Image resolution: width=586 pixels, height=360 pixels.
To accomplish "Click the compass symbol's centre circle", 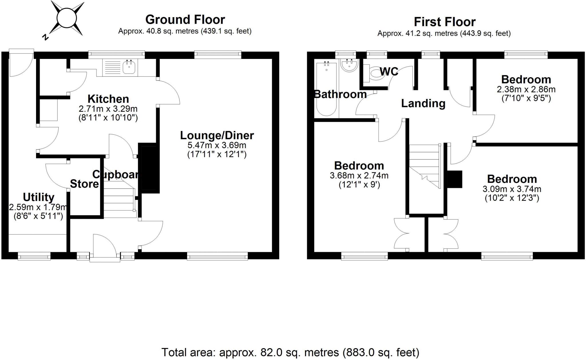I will click(67, 18).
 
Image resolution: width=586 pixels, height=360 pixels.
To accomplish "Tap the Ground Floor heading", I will click(185, 20).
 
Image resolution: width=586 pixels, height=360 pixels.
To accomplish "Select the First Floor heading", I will click(445, 22).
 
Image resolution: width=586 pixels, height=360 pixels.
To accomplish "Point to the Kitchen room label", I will click(108, 99).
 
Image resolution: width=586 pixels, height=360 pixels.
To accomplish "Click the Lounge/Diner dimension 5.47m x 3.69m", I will click(217, 145).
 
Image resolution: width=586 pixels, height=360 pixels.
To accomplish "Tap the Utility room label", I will click(39, 197).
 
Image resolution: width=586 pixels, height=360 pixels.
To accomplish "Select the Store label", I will click(84, 184).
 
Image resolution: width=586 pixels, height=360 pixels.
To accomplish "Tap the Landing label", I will click(423, 104).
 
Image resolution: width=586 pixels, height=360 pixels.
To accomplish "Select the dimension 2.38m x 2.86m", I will click(526, 89).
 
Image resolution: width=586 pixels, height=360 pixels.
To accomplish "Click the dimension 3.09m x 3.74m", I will click(512, 189).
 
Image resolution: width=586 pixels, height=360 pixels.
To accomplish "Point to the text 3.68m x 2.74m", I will click(359, 176).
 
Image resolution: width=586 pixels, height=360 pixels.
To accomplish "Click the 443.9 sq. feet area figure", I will click(485, 34).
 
